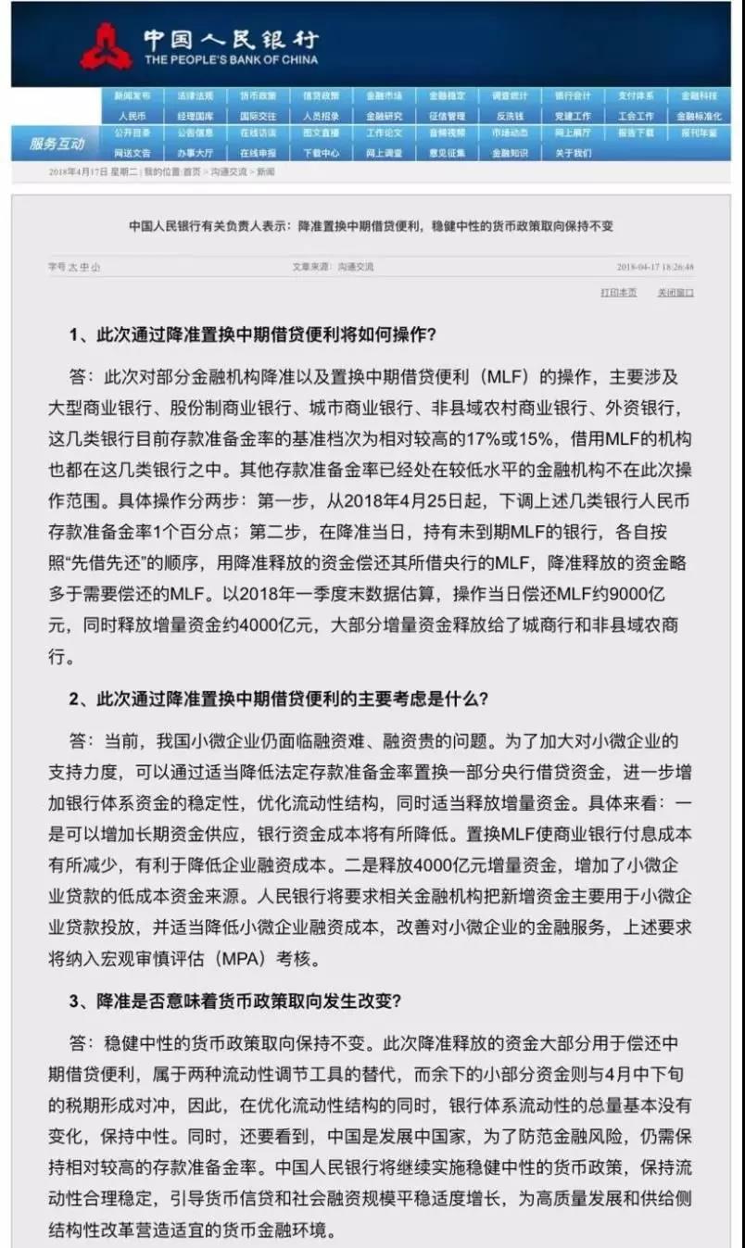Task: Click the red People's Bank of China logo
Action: (x=105, y=45)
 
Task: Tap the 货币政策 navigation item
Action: (x=258, y=95)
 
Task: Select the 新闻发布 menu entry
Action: (x=132, y=95)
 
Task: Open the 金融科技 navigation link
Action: (x=699, y=95)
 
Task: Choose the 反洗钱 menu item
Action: (x=510, y=117)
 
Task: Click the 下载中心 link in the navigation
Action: (x=321, y=153)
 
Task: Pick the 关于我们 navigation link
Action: (x=573, y=153)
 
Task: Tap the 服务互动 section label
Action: (x=57, y=144)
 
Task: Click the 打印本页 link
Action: (x=618, y=292)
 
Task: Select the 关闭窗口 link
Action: (x=676, y=292)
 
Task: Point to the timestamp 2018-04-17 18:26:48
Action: (x=654, y=267)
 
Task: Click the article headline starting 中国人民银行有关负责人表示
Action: (x=371, y=226)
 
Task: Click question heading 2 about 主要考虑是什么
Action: (x=278, y=699)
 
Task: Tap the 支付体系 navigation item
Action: (x=636, y=95)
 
